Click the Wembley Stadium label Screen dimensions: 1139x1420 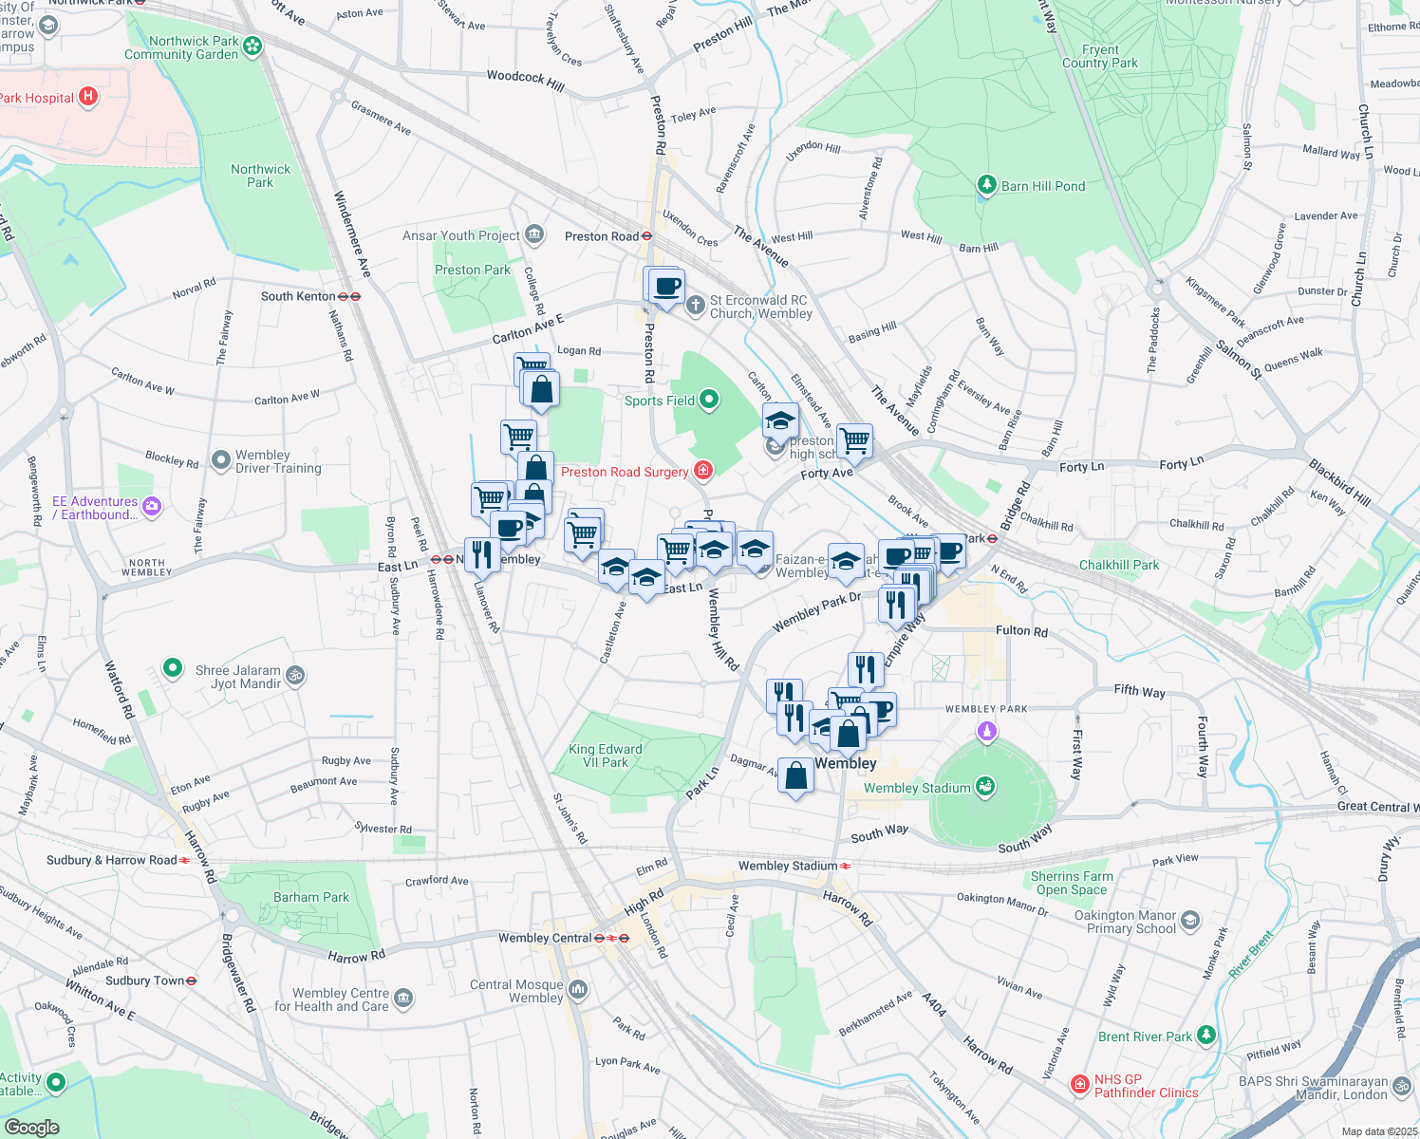pos(917,788)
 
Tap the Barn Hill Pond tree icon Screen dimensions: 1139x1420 pos(987,185)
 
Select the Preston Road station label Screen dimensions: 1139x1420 pos(602,236)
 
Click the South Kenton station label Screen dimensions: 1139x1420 pos(298,296)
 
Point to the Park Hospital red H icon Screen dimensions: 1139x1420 pos(88,97)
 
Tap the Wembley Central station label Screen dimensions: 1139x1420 pos(545,938)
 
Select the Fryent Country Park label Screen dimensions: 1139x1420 pos(1100,56)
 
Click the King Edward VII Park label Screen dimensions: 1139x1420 pos(606,756)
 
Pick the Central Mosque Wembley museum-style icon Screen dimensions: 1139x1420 pos(578,991)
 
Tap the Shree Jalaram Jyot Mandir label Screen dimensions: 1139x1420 pos(238,677)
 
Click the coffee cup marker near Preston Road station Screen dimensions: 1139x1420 pos(667,285)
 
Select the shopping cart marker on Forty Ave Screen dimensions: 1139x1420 pos(855,439)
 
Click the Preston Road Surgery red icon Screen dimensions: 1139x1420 pos(703,471)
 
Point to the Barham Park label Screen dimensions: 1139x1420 pos(311,897)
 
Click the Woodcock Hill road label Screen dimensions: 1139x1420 pos(525,81)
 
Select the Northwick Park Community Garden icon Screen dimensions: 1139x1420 pos(252,45)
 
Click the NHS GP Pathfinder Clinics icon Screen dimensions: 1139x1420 pos(1079,1084)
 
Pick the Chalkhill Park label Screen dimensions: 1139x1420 pos(1119,565)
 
